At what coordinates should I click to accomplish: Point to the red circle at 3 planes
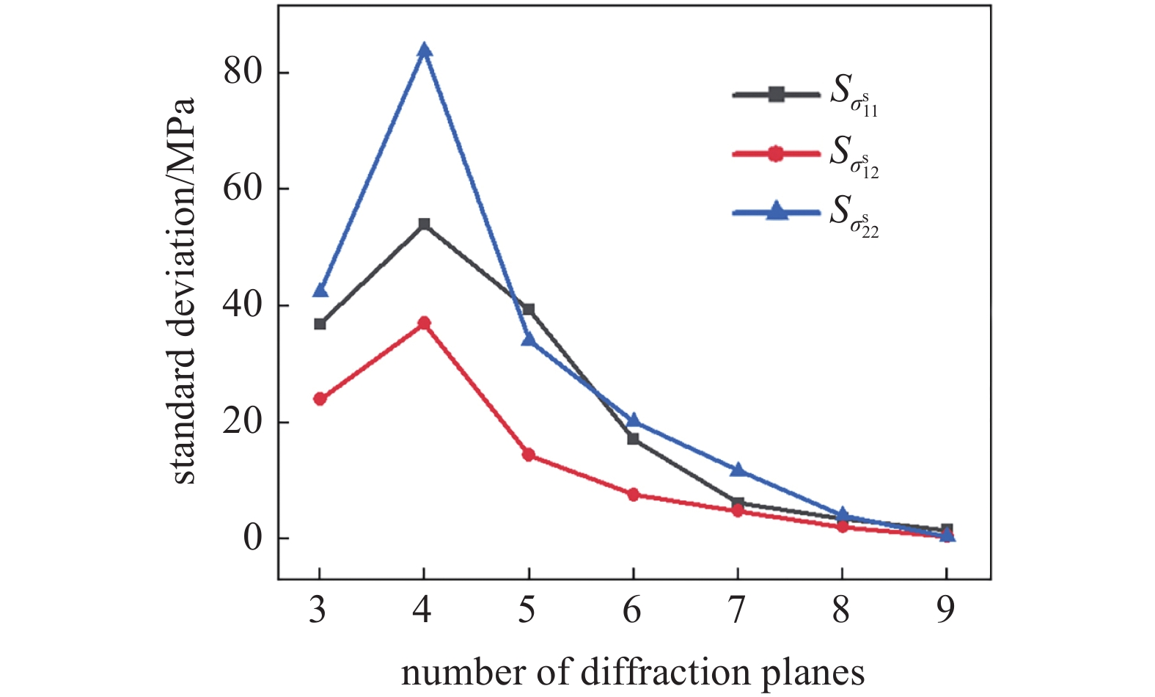pos(320,399)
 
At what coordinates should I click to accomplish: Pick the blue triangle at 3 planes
pos(320,290)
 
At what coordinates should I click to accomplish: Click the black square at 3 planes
pos(320,324)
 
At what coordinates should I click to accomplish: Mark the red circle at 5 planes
pos(529,455)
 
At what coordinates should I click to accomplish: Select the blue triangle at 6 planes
pos(634,420)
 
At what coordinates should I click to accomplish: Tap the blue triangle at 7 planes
pos(738,470)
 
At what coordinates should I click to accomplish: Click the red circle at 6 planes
pos(634,495)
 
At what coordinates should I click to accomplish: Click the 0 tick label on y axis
pos(252,538)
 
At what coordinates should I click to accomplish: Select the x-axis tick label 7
pos(737,610)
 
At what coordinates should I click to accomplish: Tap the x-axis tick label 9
pos(946,610)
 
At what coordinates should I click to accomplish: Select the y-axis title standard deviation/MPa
pos(183,291)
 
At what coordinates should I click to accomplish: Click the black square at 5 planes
pos(529,310)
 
